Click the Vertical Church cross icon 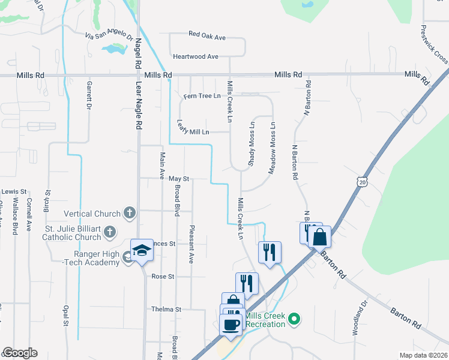click(x=128, y=213)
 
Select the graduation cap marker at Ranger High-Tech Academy click(x=142, y=250)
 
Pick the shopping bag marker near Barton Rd click(x=319, y=236)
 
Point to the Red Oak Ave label click(x=206, y=37)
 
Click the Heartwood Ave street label click(x=195, y=56)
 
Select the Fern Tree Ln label click(x=202, y=96)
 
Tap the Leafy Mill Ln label click(x=193, y=128)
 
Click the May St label click(x=178, y=179)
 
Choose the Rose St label click(x=163, y=277)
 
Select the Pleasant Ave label click(x=192, y=244)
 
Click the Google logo click(x=20, y=353)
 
